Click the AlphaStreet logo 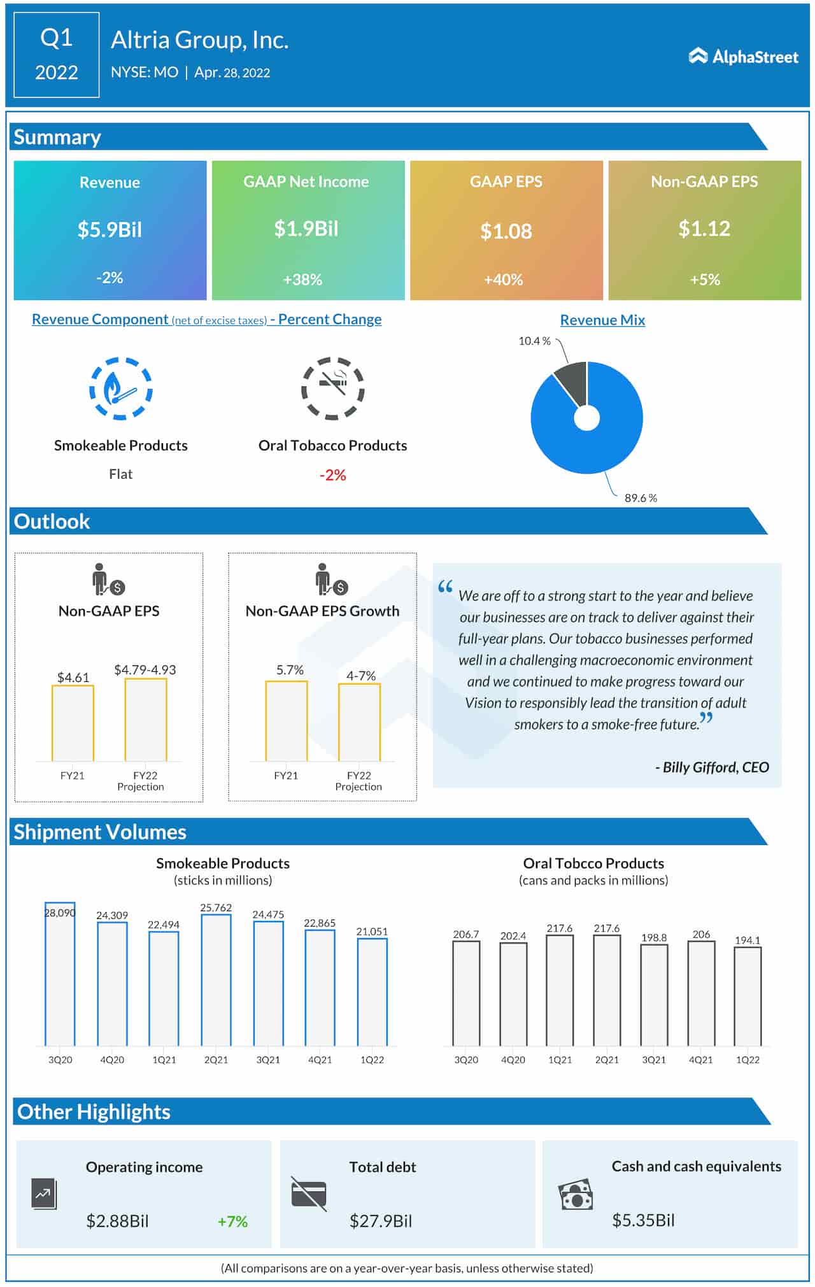tap(743, 57)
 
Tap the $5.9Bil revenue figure tap(110, 229)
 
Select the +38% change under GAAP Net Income tap(302, 280)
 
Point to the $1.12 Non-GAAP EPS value tap(704, 229)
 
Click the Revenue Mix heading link tap(602, 320)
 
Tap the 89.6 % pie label tap(641, 498)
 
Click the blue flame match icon tap(120, 388)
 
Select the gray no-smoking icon tap(332, 388)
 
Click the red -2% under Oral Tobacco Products tap(332, 475)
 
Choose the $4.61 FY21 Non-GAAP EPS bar tap(73, 723)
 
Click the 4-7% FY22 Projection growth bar tap(359, 722)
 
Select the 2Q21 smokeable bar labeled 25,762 tap(216, 981)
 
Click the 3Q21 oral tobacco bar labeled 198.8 tap(654, 995)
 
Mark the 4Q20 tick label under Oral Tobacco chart tap(513, 1060)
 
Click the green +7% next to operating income tap(232, 1221)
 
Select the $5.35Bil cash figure tap(643, 1220)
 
